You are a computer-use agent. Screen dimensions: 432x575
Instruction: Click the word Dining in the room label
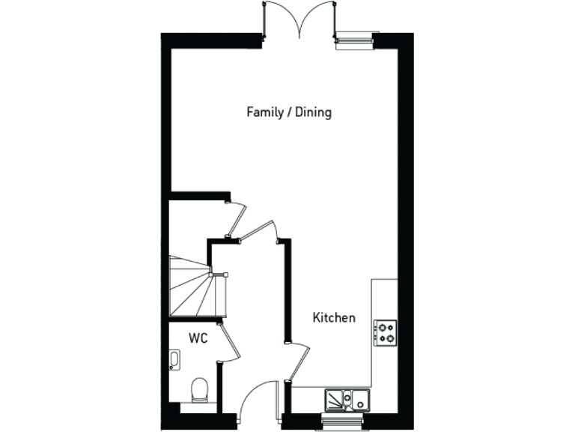tap(313, 112)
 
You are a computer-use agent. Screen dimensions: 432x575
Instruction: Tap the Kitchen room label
tap(333, 318)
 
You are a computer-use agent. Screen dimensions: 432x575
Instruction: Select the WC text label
tap(198, 338)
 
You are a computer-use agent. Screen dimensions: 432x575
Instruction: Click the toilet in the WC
tap(199, 390)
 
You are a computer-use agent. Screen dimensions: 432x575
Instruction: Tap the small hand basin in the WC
tap(174, 360)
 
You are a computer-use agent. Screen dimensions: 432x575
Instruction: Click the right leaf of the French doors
tap(317, 19)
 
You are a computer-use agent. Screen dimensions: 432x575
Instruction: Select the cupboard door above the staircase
tap(237, 217)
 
